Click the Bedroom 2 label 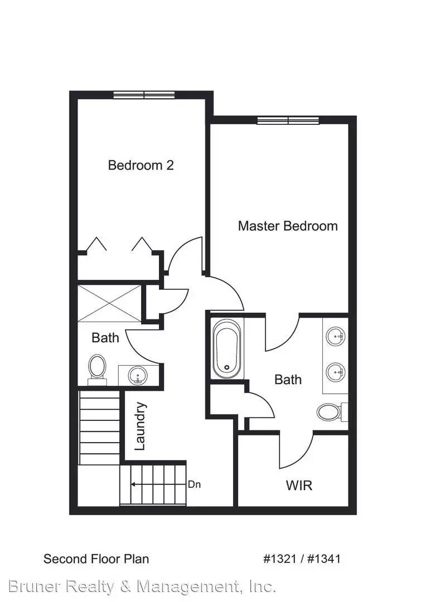pyautogui.click(x=141, y=165)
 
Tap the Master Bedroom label pyautogui.click(x=287, y=226)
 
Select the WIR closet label pyautogui.click(x=299, y=485)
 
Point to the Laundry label pyautogui.click(x=140, y=426)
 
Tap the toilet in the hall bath pyautogui.click(x=98, y=368)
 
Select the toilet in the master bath pyautogui.click(x=329, y=412)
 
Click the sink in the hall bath pyautogui.click(x=137, y=375)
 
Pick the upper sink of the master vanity pyautogui.click(x=336, y=336)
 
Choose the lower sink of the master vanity pyautogui.click(x=336, y=370)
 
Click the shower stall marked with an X pyautogui.click(x=109, y=303)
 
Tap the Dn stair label pyautogui.click(x=194, y=484)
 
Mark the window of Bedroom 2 pyautogui.click(x=144, y=95)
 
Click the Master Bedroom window pyautogui.click(x=288, y=120)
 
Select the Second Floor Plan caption pyautogui.click(x=96, y=559)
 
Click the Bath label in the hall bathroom pyautogui.click(x=105, y=337)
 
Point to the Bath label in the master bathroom pyautogui.click(x=288, y=380)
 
